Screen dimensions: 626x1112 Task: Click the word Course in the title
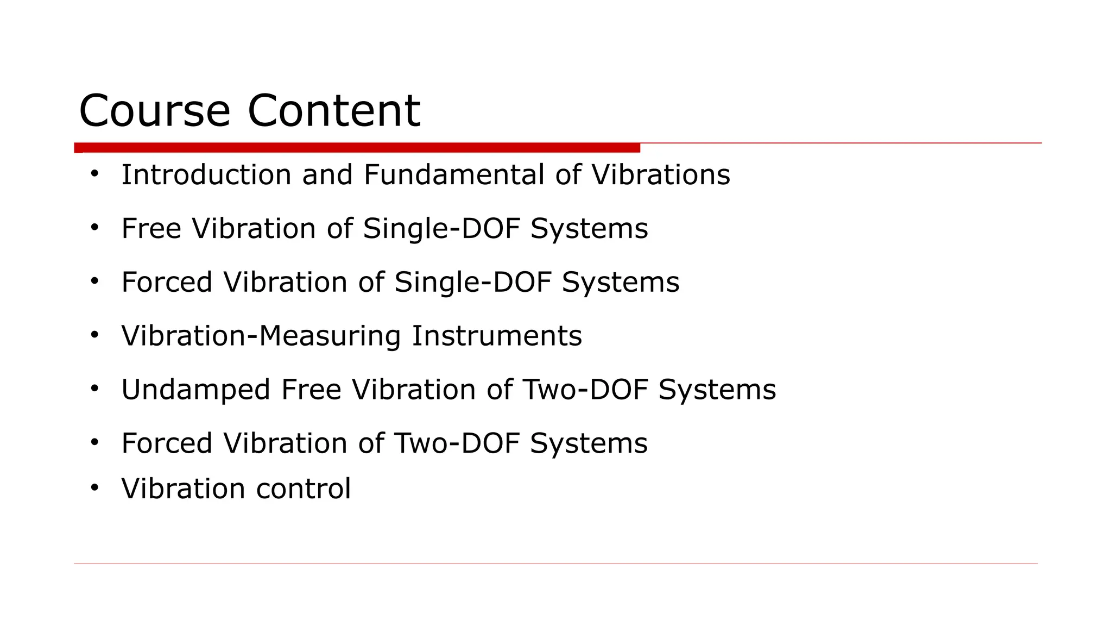155,111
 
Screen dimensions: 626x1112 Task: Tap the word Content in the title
334,111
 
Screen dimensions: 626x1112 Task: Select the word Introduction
206,175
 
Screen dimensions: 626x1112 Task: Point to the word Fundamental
454,175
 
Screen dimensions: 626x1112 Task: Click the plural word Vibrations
660,175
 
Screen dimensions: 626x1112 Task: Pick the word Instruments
497,336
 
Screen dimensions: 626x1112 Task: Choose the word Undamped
195,390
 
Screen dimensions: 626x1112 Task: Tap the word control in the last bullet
304,489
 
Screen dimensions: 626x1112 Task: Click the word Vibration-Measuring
261,336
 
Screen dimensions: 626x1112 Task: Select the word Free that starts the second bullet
151,228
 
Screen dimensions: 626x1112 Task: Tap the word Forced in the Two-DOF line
167,443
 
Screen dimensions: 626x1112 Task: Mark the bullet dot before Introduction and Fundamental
95,174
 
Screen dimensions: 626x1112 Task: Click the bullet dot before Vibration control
95,487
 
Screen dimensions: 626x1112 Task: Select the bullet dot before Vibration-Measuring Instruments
95,335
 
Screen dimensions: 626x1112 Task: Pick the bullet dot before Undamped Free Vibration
95,389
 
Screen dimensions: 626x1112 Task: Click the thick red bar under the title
357,148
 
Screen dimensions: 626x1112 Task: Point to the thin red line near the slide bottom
555,564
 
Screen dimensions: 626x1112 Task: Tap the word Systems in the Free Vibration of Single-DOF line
589,228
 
